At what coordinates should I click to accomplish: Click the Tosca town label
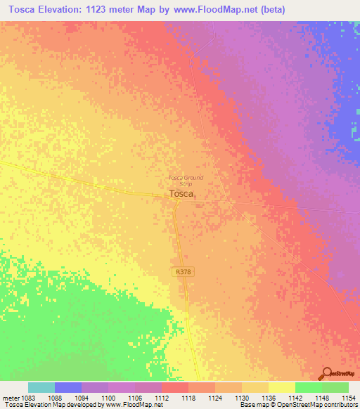coord(181,195)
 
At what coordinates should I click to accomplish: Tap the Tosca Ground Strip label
coord(186,181)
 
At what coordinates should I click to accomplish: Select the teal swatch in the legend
coord(41,387)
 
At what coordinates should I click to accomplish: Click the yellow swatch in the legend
coord(281,387)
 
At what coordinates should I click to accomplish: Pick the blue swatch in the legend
coord(68,387)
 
